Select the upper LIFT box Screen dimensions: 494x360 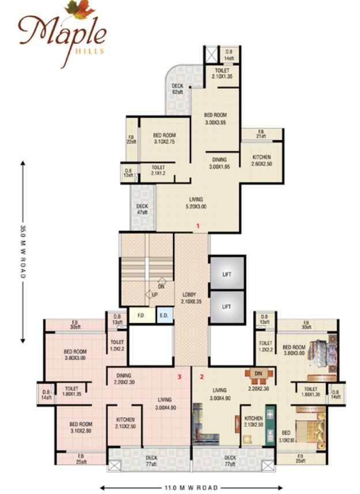pyautogui.click(x=227, y=274)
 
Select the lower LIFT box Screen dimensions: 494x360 pyautogui.click(x=227, y=306)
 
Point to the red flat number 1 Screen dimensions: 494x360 pyautogui.click(x=198, y=226)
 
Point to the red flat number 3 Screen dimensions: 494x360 pyautogui.click(x=180, y=377)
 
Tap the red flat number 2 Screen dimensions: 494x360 pyautogui.click(x=201, y=377)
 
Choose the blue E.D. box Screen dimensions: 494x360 pyautogui.click(x=164, y=316)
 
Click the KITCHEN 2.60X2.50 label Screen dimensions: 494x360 pyautogui.click(x=261, y=160)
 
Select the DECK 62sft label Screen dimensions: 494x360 pyautogui.click(x=177, y=89)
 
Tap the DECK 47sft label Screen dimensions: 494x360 pyautogui.click(x=142, y=209)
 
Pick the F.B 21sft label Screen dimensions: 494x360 pyautogui.click(x=261, y=133)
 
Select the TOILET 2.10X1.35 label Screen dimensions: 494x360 pyautogui.click(x=222, y=73)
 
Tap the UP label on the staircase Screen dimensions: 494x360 pyautogui.click(x=155, y=294)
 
